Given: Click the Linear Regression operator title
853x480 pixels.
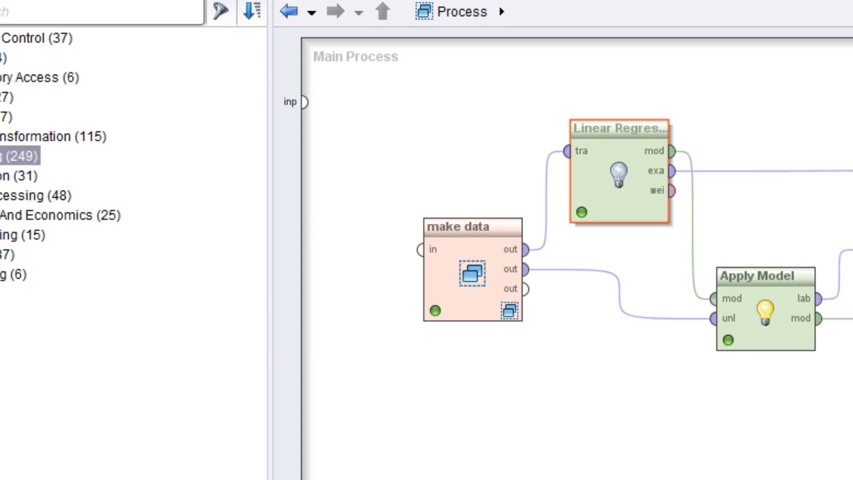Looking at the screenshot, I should click(x=619, y=129).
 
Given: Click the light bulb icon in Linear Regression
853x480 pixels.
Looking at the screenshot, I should click(x=619, y=175).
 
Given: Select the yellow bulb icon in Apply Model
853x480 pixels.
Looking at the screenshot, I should click(x=765, y=311).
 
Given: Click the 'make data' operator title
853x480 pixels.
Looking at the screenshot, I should click(x=458, y=227).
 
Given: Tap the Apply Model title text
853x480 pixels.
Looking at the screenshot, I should click(x=756, y=276).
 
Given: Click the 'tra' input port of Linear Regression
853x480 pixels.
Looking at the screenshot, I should click(x=567, y=151).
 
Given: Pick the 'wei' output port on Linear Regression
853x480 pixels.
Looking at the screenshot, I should click(x=671, y=191).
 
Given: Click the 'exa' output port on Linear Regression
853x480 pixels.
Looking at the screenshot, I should click(x=671, y=171).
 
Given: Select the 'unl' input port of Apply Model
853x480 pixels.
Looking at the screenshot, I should click(x=714, y=319).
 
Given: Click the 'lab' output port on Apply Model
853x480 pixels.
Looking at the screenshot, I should click(x=818, y=299).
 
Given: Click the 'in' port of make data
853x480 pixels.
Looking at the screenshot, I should click(x=421, y=249).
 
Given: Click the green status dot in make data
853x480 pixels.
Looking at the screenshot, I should click(x=435, y=311).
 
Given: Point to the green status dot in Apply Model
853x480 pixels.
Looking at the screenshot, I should click(x=728, y=341).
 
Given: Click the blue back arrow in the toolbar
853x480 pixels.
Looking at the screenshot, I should click(x=289, y=11).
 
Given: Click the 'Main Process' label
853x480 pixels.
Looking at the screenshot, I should click(x=355, y=57).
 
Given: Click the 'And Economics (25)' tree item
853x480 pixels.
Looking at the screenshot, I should click(x=60, y=215).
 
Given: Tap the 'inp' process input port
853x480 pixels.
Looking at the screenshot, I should click(x=303, y=102).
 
